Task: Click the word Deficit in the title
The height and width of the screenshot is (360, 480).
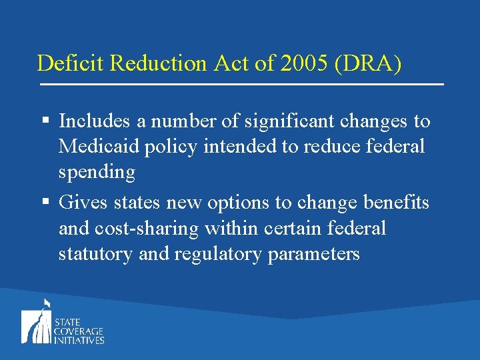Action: (63, 63)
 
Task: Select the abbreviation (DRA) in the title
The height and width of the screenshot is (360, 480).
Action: (371, 63)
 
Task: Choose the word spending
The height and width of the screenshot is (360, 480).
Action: (97, 172)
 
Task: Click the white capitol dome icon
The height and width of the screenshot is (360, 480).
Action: (37, 323)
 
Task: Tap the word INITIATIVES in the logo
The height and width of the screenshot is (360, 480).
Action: (79, 340)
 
